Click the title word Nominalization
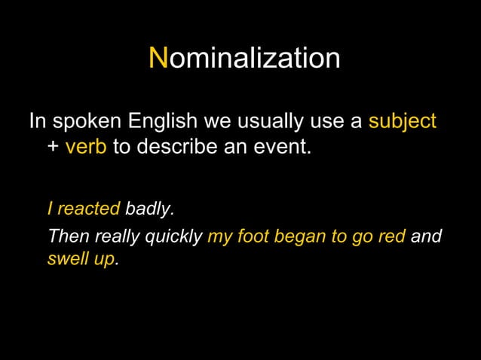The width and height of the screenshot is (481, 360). pyautogui.click(x=244, y=59)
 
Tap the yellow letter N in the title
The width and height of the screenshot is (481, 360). pyautogui.click(x=158, y=58)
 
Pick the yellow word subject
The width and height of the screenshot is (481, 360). pyautogui.click(x=402, y=122)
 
